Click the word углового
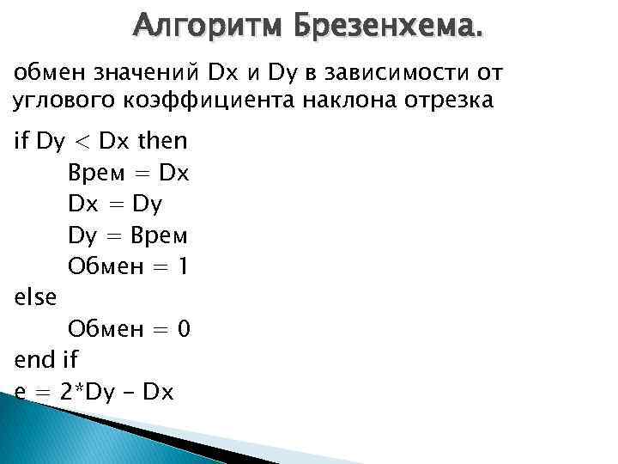pos(55,100)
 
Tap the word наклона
pos(334,100)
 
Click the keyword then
pos(162,141)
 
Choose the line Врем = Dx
pos(128,173)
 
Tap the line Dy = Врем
pos(128,235)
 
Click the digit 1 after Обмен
pos(182,266)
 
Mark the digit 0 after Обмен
pos(183,327)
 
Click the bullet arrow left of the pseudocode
pos(7,142)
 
